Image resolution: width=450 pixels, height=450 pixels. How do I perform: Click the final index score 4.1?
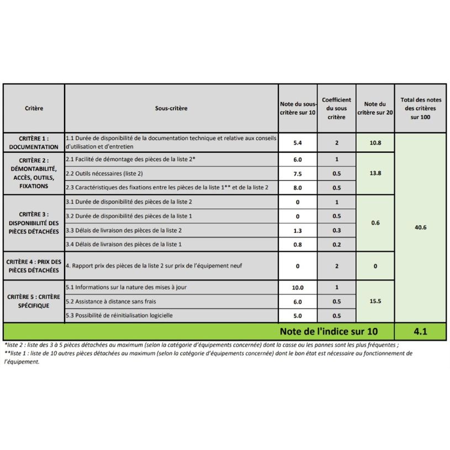(x=421, y=331)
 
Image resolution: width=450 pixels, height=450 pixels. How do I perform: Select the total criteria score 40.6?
(x=421, y=226)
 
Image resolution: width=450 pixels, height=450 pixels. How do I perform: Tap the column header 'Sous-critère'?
(x=171, y=108)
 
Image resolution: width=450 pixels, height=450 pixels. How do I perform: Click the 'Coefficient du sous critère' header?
(x=336, y=108)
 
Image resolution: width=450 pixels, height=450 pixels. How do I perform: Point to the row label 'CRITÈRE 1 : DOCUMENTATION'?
(x=34, y=142)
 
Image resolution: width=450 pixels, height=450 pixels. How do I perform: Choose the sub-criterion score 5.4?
(x=298, y=142)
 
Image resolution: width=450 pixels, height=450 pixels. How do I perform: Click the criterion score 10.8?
(x=375, y=142)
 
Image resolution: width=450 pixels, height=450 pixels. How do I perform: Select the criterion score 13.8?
(x=375, y=173)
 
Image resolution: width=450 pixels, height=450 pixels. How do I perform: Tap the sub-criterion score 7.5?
(x=298, y=173)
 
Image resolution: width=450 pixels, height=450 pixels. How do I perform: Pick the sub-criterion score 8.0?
(x=298, y=188)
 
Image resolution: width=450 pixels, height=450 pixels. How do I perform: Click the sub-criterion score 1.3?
(x=298, y=230)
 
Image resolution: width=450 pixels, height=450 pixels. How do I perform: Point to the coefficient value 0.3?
(x=336, y=230)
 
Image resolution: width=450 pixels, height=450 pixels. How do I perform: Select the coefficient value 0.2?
(x=336, y=244)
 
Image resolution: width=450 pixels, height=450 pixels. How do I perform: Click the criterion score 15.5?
(x=375, y=301)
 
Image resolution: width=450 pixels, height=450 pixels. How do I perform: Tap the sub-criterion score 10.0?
(x=298, y=287)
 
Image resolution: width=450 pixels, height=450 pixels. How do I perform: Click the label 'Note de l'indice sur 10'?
(x=329, y=331)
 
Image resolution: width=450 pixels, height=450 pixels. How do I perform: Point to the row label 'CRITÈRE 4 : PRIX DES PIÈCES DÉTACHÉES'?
(x=34, y=266)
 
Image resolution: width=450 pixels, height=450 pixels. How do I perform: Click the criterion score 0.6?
(x=375, y=223)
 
